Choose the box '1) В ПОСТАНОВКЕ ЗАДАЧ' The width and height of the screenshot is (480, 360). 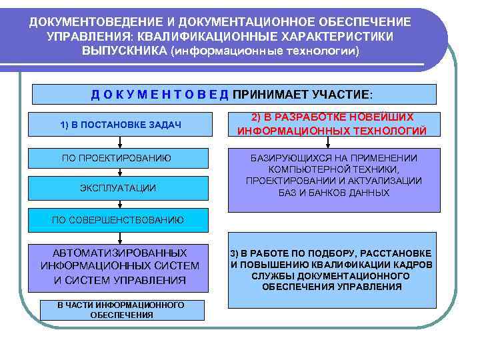(121, 125)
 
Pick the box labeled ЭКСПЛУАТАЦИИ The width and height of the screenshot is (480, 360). (121, 188)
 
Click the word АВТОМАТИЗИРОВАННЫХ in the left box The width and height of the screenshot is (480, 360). (120, 253)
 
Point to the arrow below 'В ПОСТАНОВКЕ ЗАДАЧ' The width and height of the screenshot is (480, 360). (121, 141)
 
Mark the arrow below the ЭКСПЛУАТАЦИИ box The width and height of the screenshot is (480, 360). (121, 203)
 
